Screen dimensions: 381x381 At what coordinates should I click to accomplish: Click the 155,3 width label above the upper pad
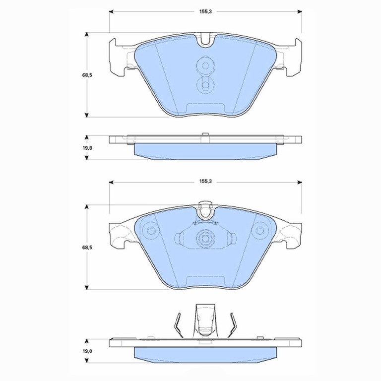205,12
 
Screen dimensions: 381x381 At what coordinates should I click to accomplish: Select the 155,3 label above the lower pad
205,181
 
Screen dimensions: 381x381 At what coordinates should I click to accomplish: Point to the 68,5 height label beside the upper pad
87,75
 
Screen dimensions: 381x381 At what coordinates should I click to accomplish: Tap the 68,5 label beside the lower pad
87,248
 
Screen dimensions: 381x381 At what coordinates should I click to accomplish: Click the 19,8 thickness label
87,148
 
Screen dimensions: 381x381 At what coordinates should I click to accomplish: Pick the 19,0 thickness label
87,351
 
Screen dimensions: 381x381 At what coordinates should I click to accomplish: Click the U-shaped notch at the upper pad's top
205,44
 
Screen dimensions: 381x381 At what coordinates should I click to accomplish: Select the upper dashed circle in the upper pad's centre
205,65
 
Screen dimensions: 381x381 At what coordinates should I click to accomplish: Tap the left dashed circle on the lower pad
150,231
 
